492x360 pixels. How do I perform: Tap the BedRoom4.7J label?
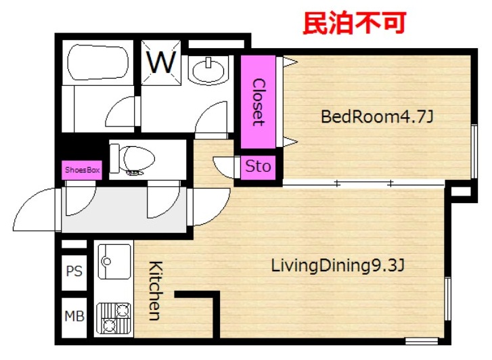pos(377,117)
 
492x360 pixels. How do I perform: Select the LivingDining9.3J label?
pos(338,265)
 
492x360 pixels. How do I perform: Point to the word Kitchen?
pos(156,290)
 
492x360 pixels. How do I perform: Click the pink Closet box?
pos(258,102)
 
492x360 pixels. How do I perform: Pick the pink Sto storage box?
pos(258,167)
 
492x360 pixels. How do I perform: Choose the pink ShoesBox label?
pos(82,170)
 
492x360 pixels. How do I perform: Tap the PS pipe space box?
pos(74,271)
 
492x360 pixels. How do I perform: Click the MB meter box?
pos(74,317)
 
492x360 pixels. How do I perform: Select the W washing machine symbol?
pos(161,62)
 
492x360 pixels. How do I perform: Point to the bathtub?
pos(98,62)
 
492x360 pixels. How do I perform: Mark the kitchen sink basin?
pos(114,261)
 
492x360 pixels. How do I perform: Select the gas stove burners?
pos(113,318)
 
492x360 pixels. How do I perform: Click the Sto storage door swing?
pos(224,166)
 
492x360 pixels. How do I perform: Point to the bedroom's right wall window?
pos(474,152)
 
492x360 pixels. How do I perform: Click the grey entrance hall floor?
pos(124,210)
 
